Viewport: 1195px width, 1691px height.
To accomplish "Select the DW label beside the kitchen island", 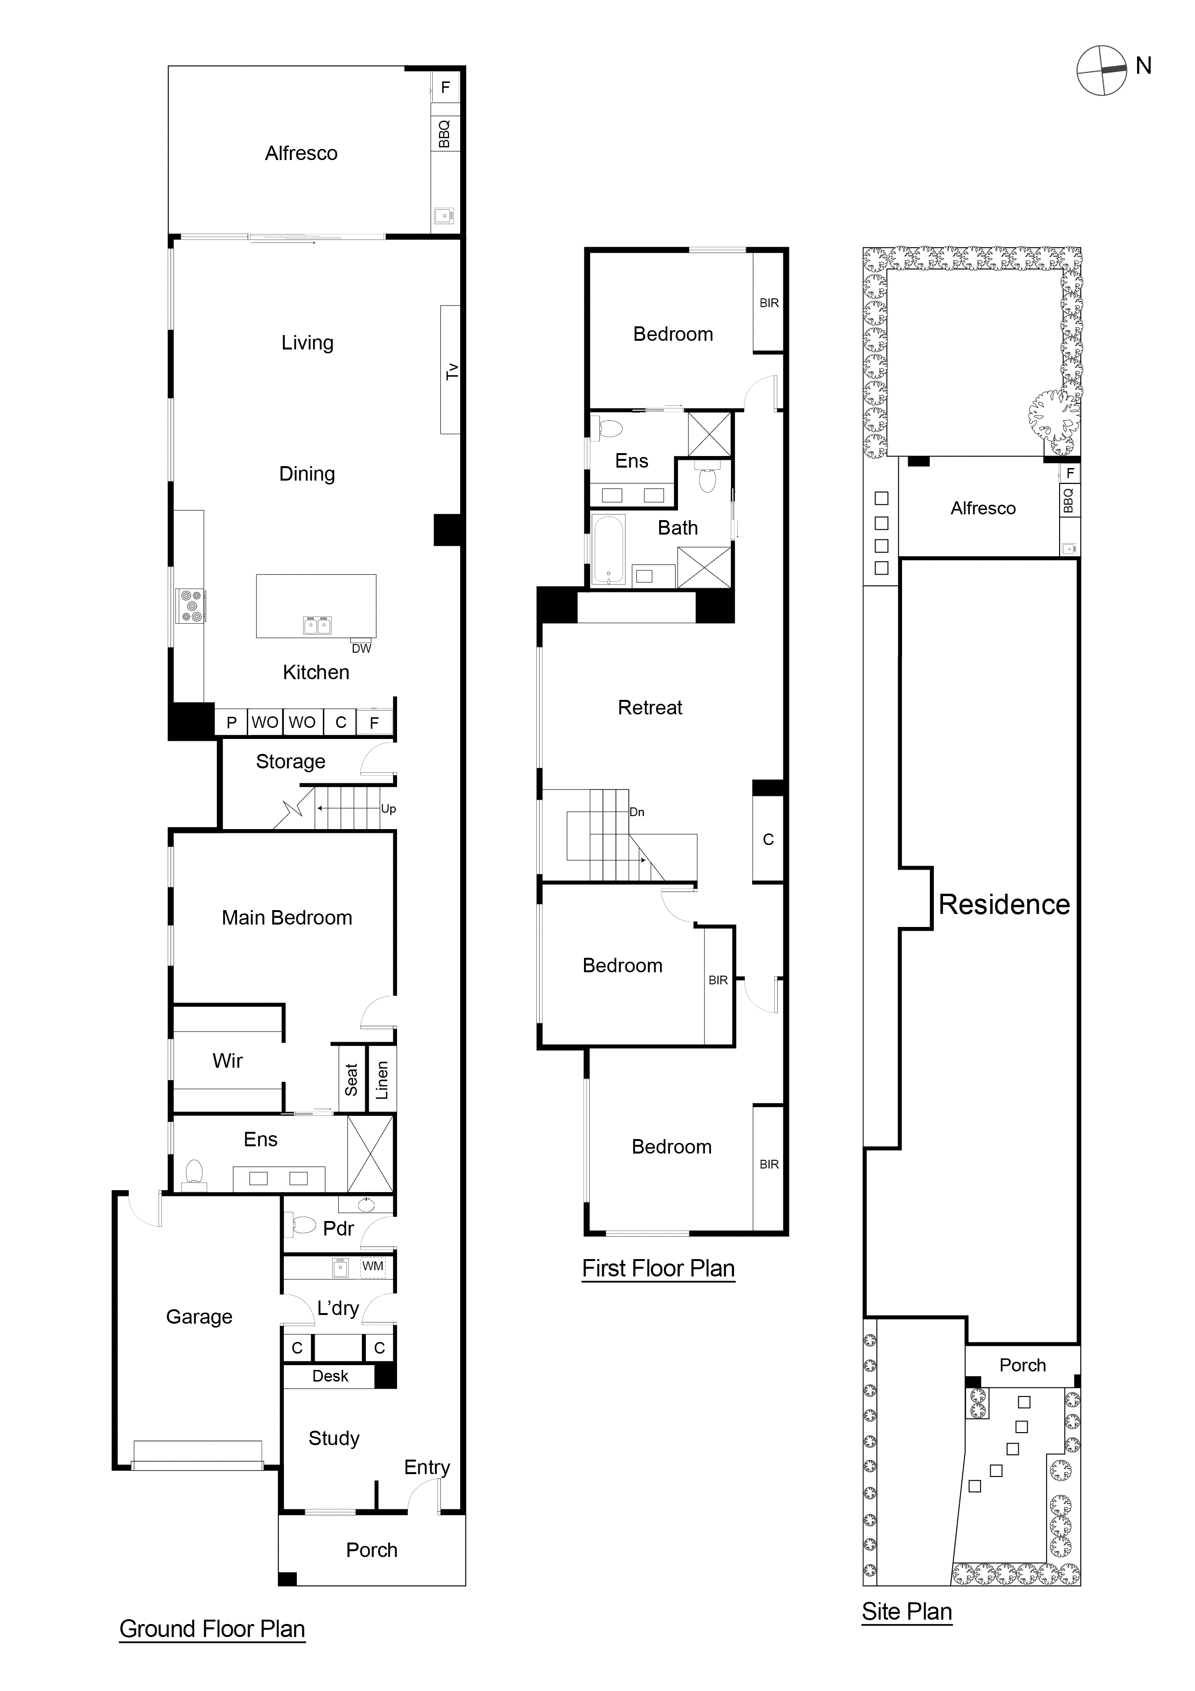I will coord(361,648).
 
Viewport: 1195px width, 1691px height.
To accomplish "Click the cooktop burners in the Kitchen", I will coord(191,605).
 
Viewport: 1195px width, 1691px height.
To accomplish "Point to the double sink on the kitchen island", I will coord(318,625).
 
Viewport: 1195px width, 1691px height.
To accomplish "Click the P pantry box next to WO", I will coord(231,723).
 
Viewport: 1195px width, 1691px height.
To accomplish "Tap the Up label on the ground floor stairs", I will coord(388,809).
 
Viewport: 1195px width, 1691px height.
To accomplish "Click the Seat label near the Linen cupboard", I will coord(351,1080).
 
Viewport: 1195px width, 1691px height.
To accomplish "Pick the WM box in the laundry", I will coord(372,1266).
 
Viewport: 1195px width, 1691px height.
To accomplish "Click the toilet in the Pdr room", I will coord(304,1225).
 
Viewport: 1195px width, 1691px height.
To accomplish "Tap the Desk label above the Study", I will coord(330,1376).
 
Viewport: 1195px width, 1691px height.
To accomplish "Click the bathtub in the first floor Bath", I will coord(608,550).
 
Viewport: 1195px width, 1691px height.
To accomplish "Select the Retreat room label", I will coord(650,708).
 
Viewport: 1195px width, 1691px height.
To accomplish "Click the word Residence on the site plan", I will coord(1004,904).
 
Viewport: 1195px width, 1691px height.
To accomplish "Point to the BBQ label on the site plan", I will coord(1068,501).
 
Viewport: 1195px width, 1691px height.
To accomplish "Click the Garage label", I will coord(199,1317).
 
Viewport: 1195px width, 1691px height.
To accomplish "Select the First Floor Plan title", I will coord(658,1268).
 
